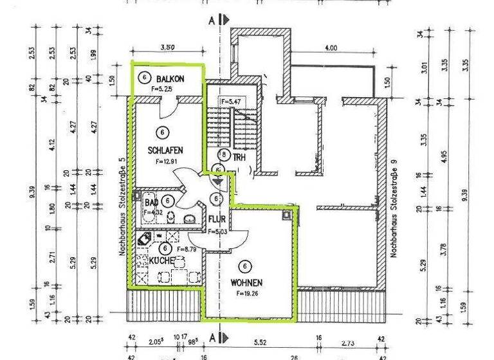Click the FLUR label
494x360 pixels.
216,219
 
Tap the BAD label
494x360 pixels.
151,201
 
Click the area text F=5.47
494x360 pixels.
230,102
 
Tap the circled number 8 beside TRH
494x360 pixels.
223,155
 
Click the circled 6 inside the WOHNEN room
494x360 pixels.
244,265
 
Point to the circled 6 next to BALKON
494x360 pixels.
145,78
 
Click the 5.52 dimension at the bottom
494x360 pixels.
261,345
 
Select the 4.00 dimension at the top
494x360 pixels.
331,48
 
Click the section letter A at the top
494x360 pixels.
211,20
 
